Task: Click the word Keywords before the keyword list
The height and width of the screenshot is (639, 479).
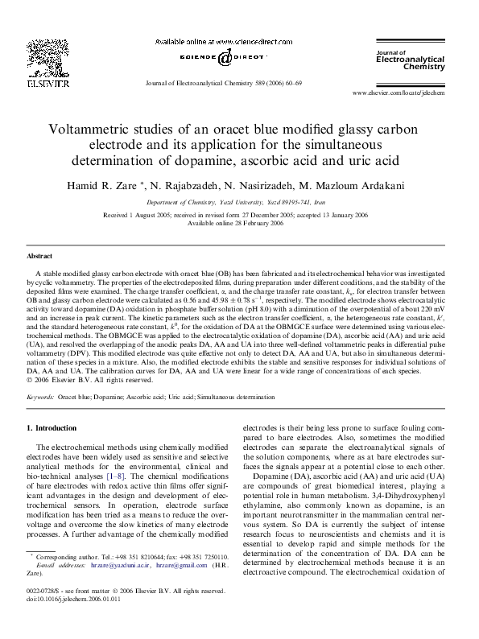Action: [x=40, y=398]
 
